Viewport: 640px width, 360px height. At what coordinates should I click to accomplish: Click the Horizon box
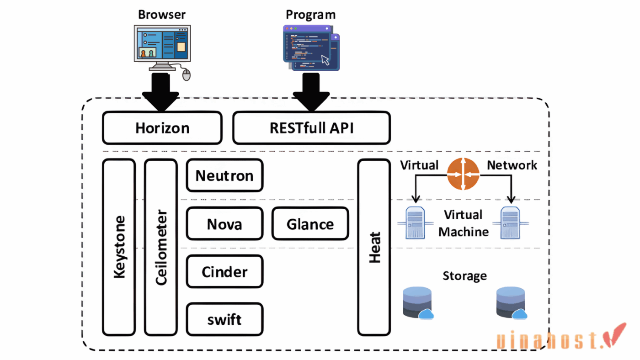pos(162,128)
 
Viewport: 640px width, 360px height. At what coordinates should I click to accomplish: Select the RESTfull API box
pos(311,128)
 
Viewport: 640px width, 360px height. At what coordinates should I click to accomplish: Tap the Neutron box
pos(224,175)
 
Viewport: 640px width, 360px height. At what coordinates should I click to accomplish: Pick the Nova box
pos(224,224)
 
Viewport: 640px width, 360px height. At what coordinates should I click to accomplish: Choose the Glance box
pos(310,224)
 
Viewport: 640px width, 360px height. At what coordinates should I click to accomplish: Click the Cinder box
pos(224,272)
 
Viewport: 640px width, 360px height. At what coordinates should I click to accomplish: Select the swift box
pos(224,319)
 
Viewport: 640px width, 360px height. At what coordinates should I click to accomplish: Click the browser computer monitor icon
pos(162,44)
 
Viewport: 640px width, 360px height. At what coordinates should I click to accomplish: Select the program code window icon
pos(311,47)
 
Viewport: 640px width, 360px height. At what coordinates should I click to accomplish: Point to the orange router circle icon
pos(463,174)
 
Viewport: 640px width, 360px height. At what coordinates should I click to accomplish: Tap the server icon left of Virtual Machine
pos(415,222)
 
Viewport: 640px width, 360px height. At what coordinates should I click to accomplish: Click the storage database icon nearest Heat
pos(417,303)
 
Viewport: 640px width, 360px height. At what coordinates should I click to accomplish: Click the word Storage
pos(464,276)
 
